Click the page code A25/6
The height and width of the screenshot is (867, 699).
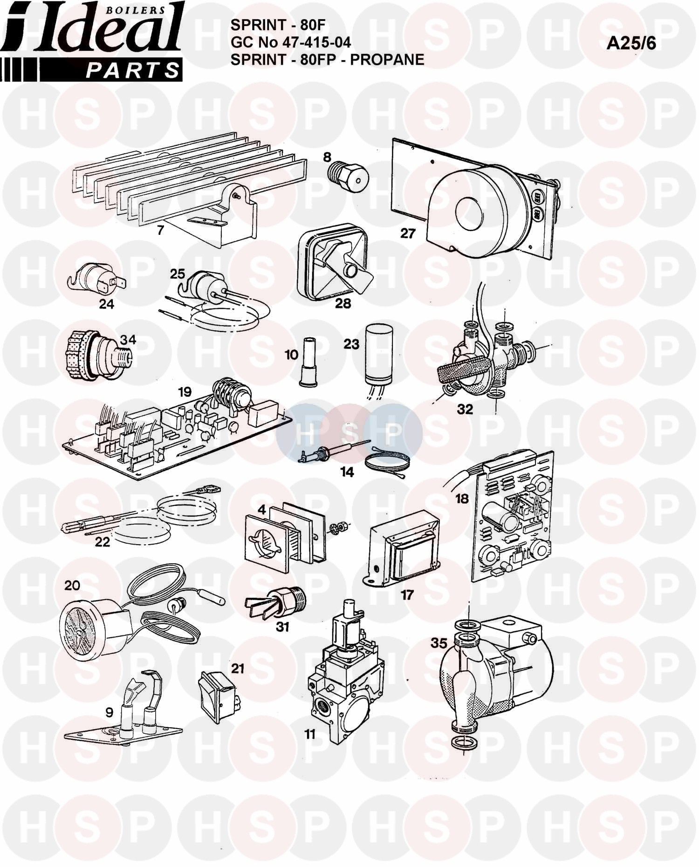[x=631, y=43]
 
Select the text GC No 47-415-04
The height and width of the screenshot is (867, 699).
[x=291, y=42]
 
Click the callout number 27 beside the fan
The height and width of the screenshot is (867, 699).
[x=408, y=233]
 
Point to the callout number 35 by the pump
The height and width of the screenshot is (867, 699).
[x=439, y=643]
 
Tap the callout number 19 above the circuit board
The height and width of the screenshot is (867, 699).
[x=185, y=392]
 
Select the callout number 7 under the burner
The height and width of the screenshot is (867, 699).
[x=160, y=230]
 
